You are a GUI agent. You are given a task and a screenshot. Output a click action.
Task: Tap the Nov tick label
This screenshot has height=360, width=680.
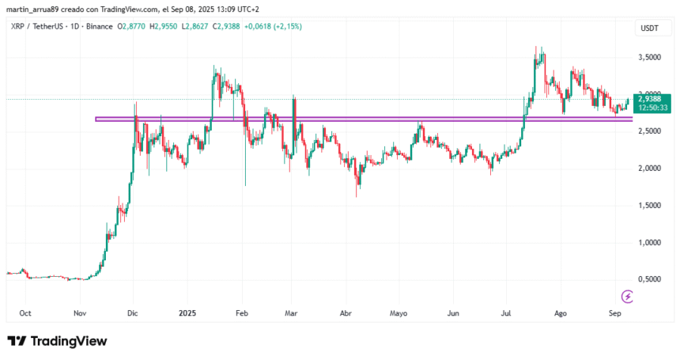[80, 313]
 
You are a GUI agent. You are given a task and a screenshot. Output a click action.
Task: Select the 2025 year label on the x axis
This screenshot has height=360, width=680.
[187, 313]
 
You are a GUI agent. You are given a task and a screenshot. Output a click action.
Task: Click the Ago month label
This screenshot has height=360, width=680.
[560, 313]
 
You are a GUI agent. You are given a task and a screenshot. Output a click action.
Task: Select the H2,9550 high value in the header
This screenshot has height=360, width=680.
[164, 26]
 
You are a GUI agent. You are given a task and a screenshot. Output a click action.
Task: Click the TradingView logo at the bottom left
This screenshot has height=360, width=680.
[56, 341]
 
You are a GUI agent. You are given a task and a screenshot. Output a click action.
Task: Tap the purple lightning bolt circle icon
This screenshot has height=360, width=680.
[627, 297]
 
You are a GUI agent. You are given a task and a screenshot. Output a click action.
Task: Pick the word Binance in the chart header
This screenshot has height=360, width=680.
[98, 26]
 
